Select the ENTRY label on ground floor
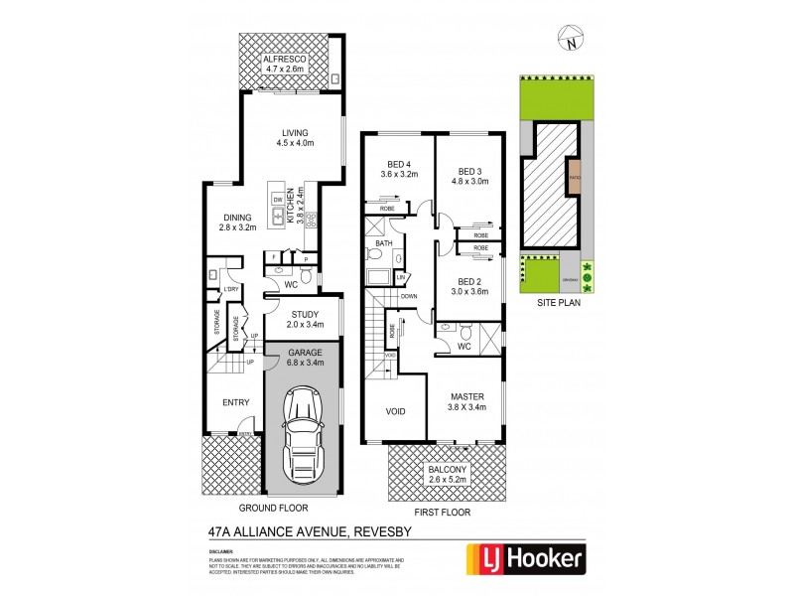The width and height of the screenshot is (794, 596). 235,402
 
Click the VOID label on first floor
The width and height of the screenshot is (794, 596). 395,409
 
